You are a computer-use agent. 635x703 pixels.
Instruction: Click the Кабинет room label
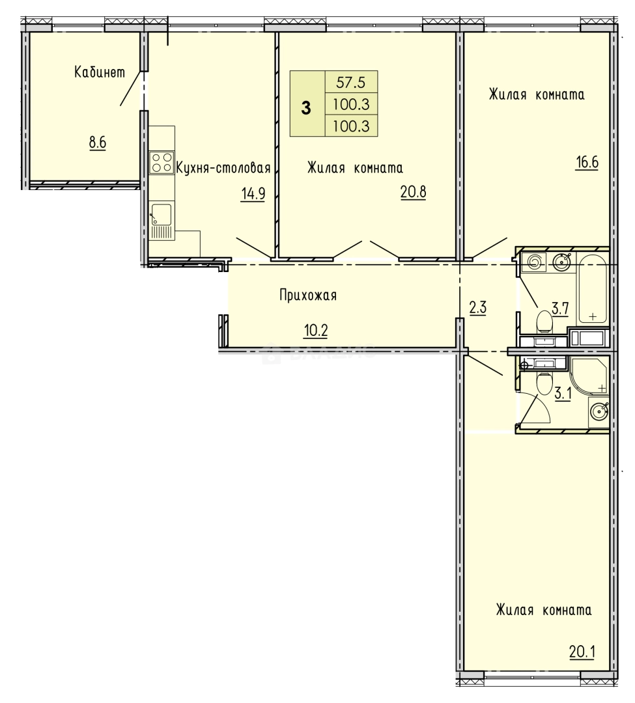coord(99,73)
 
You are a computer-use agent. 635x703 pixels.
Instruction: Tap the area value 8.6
coord(98,143)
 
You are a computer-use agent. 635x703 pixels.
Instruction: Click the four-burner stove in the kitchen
coord(161,162)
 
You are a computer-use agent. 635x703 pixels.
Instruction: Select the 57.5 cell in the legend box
coord(351,83)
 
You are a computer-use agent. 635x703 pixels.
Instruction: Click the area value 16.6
coord(586,162)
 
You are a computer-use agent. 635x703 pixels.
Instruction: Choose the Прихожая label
coord(308,296)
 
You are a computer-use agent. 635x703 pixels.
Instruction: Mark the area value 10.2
coord(315,330)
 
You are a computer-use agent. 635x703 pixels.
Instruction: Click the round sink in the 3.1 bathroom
coord(598,411)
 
